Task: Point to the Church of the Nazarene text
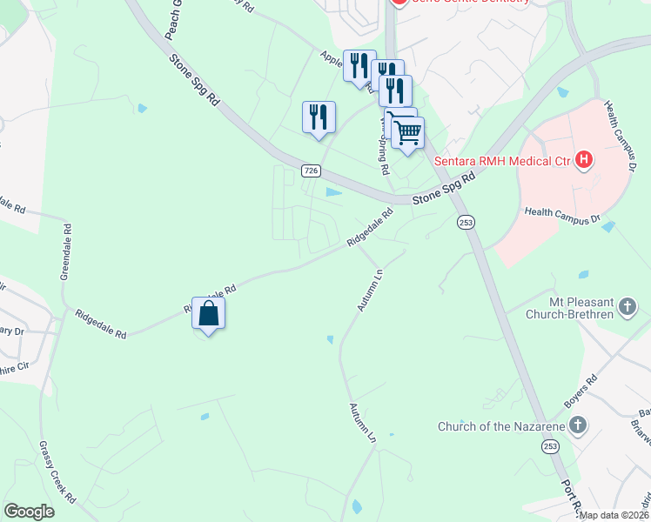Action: point(500,425)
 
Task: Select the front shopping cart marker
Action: point(406,133)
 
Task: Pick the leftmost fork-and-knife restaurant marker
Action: point(319,117)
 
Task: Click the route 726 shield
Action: point(312,169)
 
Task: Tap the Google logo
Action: point(29,512)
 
